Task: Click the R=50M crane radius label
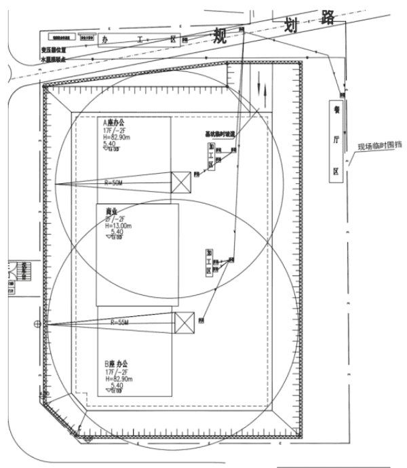click(x=114, y=182)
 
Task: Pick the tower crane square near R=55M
click(x=184, y=322)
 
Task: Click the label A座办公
click(x=115, y=123)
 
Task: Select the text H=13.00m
click(x=117, y=225)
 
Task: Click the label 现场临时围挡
click(x=380, y=146)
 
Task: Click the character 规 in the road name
click(x=221, y=35)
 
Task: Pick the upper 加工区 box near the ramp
click(x=212, y=157)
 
